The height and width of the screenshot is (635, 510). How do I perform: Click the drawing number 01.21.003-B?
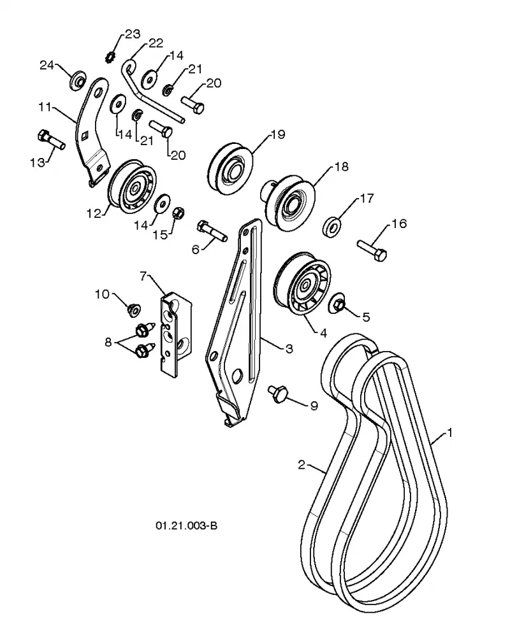[187, 525]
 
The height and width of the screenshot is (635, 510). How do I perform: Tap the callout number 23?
[132, 34]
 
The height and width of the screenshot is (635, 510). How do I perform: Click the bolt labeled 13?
[51, 139]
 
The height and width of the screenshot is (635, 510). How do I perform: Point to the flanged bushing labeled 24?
[77, 81]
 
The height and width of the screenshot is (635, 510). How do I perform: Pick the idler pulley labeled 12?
[132, 187]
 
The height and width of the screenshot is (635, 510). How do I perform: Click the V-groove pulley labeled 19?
[229, 168]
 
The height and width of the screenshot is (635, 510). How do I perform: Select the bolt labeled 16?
[372, 250]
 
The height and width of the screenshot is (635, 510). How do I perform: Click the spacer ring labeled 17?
[331, 227]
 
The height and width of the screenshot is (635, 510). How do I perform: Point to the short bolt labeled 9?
[278, 394]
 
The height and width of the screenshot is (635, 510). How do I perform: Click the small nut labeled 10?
[133, 310]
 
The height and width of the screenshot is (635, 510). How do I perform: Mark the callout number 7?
[143, 276]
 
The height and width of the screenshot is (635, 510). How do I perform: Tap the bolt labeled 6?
[212, 231]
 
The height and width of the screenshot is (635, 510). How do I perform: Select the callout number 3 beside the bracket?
[289, 348]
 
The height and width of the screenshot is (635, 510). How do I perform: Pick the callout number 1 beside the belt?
[449, 433]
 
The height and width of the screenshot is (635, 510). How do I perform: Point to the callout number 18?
[341, 166]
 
